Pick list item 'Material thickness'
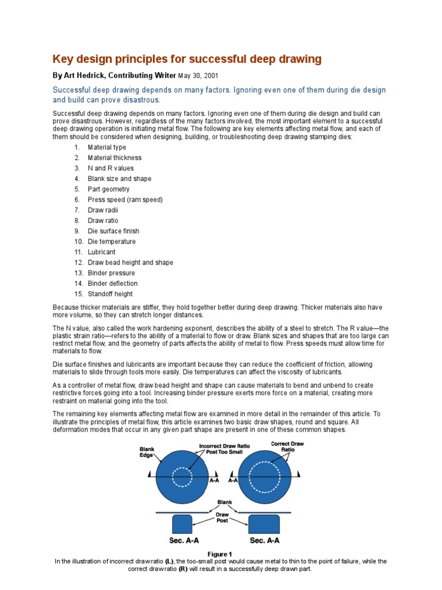click(x=114, y=158)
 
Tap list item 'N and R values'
click(x=110, y=168)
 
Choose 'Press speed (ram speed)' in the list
click(x=125, y=200)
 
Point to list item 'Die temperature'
click(x=112, y=242)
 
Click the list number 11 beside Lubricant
click(x=78, y=252)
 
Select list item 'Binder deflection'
click(x=112, y=283)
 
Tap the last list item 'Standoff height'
click(x=110, y=294)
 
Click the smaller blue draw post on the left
click(x=182, y=524)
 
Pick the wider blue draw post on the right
click(x=264, y=524)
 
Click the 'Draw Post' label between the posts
click(x=222, y=517)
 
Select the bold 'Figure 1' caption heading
click(x=220, y=554)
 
